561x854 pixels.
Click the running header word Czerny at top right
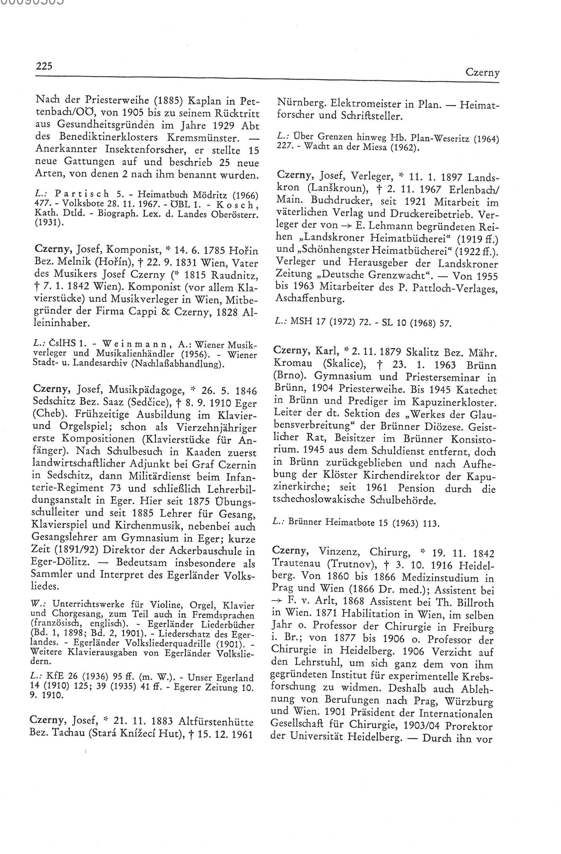pyautogui.click(x=482, y=73)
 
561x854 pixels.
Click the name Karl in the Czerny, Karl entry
pyautogui.click(x=325, y=350)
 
